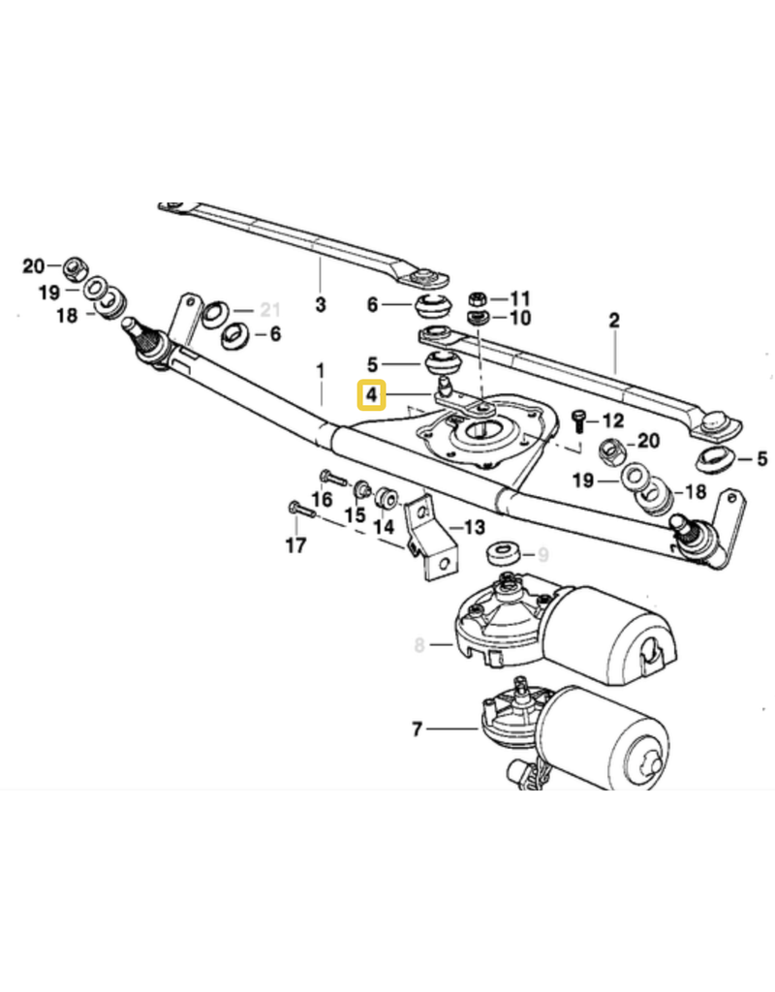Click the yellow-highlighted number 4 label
point(371,395)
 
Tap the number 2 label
point(612,318)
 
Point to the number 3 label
point(321,305)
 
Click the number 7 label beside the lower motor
point(418,728)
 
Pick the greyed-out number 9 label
point(542,555)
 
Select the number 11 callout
point(520,297)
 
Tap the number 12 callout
point(612,421)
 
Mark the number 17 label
point(295,545)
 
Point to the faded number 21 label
point(268,310)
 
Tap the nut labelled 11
point(477,297)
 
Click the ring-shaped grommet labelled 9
point(503,554)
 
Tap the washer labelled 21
point(215,311)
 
